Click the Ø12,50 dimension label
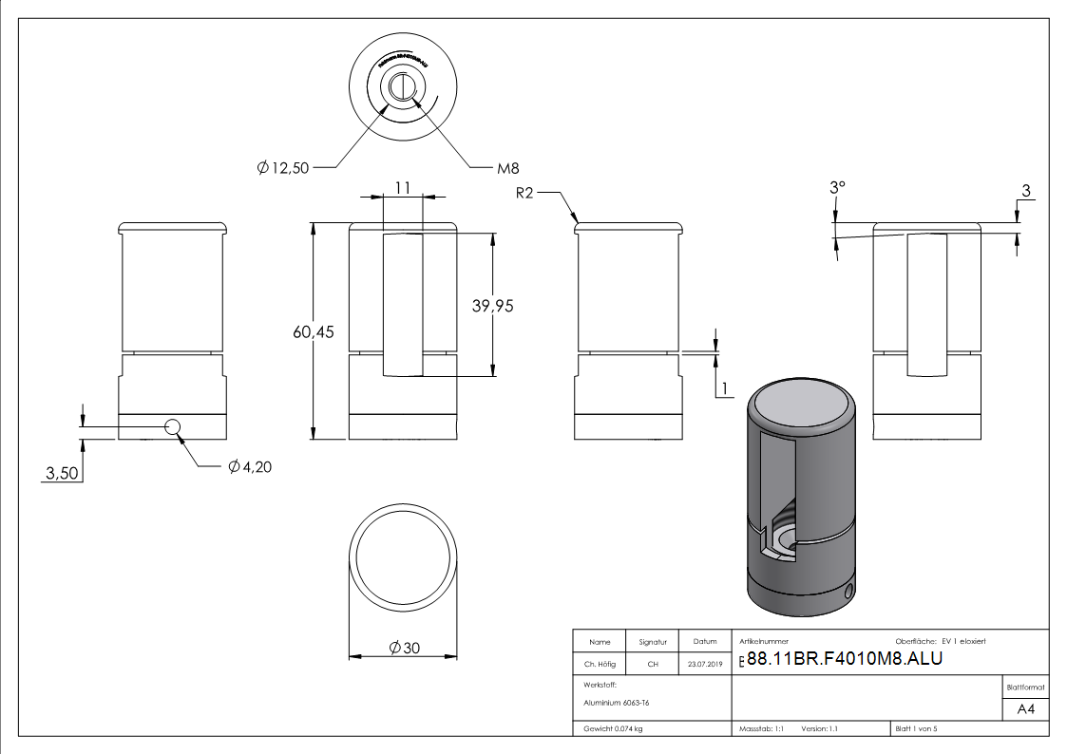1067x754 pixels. (282, 168)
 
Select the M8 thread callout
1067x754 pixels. (508, 169)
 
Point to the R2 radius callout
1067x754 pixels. (527, 193)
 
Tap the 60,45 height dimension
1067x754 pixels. (314, 332)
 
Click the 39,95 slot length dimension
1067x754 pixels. (492, 305)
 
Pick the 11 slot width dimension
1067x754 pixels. (403, 188)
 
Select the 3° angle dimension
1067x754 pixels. (835, 188)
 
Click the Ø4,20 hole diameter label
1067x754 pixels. (250, 466)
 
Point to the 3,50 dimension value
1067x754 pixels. (60, 473)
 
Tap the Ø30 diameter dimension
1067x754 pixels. (404, 648)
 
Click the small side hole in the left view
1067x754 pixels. (173, 426)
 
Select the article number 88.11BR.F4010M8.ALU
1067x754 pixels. (844, 659)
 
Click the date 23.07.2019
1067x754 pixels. (705, 665)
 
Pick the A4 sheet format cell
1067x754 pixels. (1025, 709)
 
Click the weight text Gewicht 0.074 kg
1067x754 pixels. (613, 729)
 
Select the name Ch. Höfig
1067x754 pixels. (599, 665)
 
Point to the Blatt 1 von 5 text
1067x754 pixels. (916, 729)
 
